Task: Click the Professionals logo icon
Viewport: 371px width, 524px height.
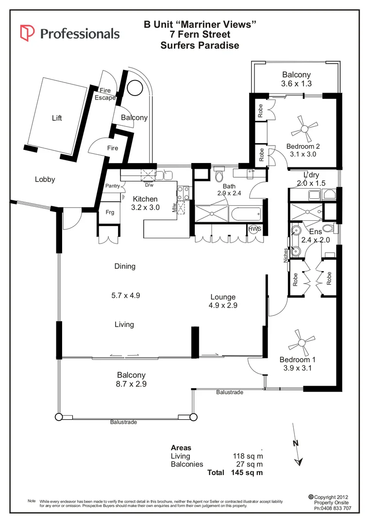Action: coord(27,33)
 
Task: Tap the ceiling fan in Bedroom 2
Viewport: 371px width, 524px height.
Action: coord(305,129)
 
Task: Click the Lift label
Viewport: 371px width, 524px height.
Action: coord(57,118)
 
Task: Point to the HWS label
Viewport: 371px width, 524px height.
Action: coord(253,229)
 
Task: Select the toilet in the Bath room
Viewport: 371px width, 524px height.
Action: coord(219,173)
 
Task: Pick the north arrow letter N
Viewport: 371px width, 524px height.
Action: coord(296,443)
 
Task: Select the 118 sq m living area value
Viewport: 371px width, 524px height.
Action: coord(248,456)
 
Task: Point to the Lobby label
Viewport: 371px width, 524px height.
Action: coord(45,180)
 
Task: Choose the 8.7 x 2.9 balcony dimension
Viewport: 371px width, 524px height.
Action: coord(131,384)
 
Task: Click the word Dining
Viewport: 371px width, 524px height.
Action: coord(125,266)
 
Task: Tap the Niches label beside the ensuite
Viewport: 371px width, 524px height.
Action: coord(286,255)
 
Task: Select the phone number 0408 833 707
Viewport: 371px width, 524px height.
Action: coord(333,509)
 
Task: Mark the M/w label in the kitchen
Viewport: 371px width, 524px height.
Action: coord(173,208)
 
